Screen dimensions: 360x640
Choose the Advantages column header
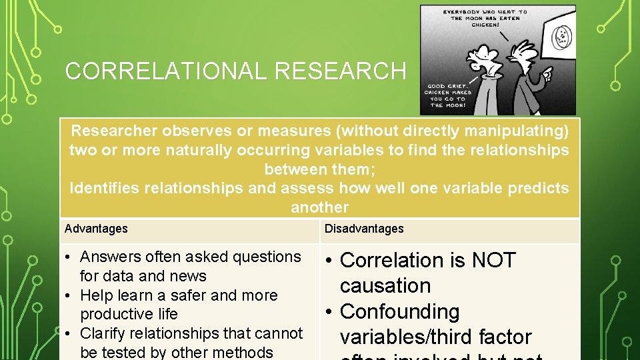(x=96, y=229)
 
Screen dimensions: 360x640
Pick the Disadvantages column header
(x=364, y=229)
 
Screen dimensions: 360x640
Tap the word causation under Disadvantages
(x=385, y=286)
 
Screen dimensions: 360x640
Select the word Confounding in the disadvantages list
(x=400, y=312)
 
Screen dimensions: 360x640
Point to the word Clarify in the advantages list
(x=103, y=333)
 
